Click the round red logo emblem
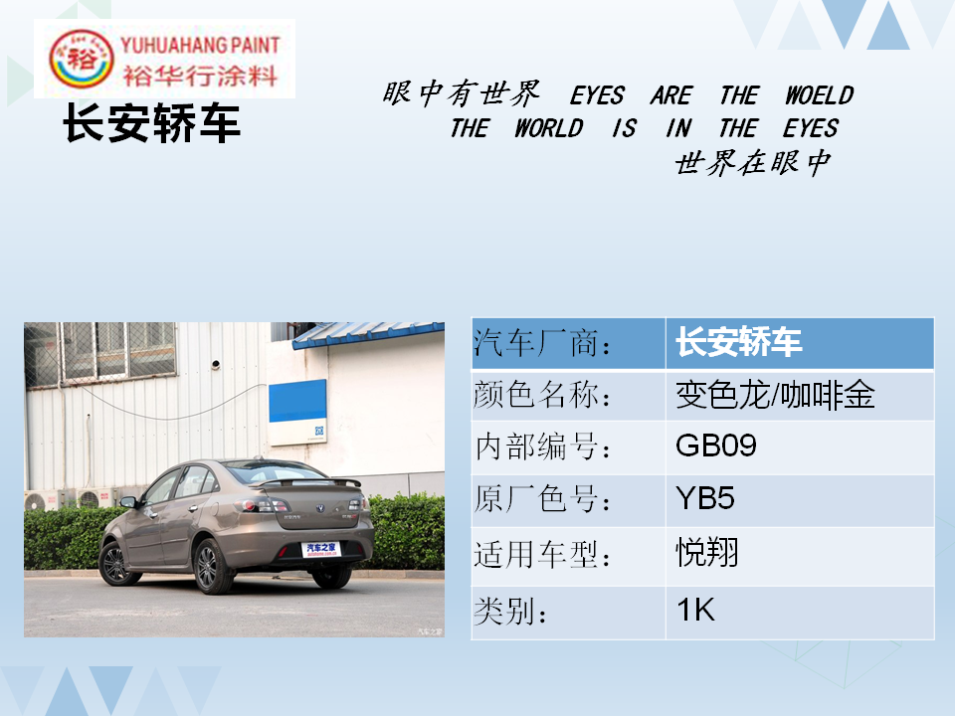(x=81, y=59)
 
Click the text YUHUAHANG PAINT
(x=200, y=45)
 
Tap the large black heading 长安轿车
(x=151, y=123)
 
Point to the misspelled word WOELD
(x=819, y=95)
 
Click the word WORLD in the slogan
(x=549, y=128)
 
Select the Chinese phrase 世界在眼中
(x=753, y=162)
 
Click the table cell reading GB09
(x=800, y=447)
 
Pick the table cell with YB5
(x=800, y=500)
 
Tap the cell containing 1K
(x=800, y=613)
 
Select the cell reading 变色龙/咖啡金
(x=800, y=395)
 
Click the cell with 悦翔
(x=800, y=557)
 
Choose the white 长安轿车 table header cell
(x=800, y=343)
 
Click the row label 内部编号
(x=543, y=447)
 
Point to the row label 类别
(x=510, y=612)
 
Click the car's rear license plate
(x=320, y=549)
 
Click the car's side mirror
(x=128, y=502)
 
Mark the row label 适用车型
(x=543, y=556)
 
